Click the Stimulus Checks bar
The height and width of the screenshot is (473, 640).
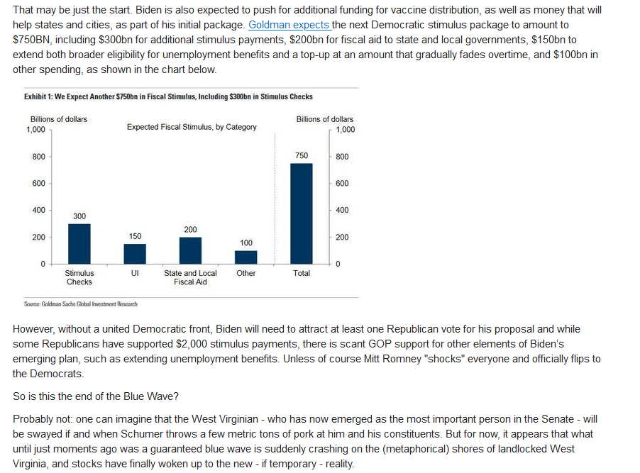click(79, 244)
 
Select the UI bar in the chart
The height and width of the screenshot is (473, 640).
click(135, 254)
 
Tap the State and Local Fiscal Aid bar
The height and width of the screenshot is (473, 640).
click(190, 250)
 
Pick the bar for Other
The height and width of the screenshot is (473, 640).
click(245, 257)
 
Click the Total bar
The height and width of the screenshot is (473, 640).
click(302, 213)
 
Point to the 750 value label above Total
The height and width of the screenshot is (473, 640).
click(302, 155)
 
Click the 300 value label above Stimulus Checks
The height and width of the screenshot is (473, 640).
click(79, 216)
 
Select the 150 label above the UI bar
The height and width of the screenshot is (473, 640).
click(135, 236)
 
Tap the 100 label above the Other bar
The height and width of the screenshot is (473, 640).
click(246, 243)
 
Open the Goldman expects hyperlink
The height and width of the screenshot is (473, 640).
click(289, 25)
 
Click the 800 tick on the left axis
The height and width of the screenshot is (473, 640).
click(39, 157)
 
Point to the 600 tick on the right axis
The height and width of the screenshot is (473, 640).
click(342, 184)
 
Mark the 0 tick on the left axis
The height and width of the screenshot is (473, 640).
click(43, 264)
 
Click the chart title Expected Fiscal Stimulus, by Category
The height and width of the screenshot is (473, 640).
click(192, 127)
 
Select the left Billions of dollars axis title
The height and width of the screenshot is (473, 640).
click(59, 119)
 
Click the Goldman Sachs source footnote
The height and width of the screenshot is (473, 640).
click(80, 304)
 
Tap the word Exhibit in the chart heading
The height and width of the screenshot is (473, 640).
click(35, 96)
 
